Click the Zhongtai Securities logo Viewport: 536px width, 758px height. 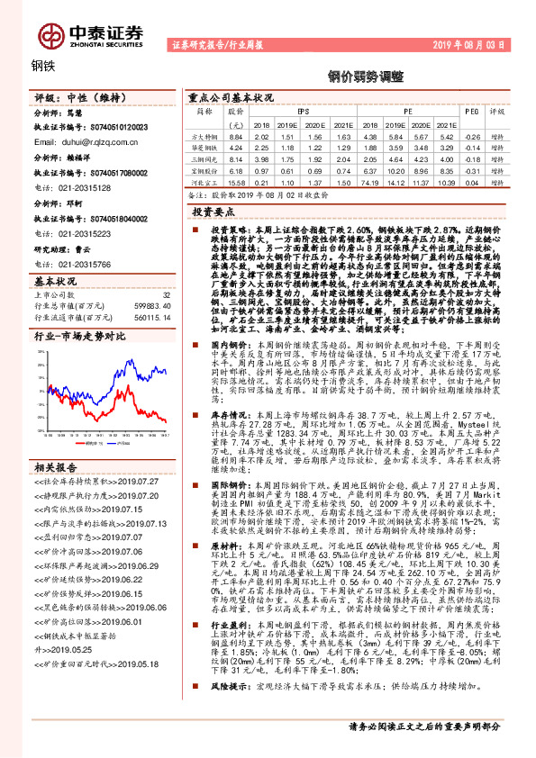(91, 32)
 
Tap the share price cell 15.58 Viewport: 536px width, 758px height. (235, 182)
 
